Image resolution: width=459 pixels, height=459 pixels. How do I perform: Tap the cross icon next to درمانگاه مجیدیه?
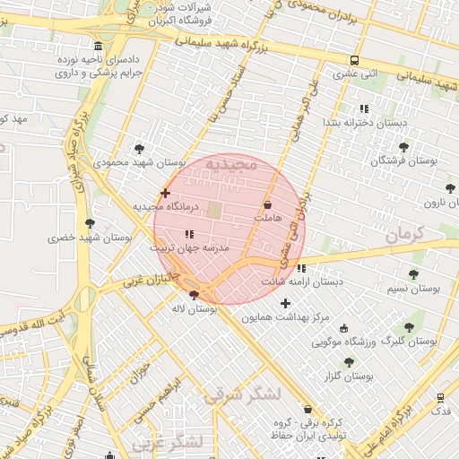point(165,193)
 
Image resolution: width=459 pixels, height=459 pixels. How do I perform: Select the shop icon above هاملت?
point(268,205)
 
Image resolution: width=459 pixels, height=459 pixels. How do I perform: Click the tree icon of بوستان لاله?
point(195,295)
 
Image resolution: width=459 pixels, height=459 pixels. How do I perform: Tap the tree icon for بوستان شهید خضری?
point(89,223)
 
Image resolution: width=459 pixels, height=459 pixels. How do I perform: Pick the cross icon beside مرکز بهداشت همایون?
point(286,304)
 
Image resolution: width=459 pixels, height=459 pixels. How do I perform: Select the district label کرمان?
point(410,235)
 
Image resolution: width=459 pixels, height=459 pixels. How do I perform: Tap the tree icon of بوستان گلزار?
point(349,362)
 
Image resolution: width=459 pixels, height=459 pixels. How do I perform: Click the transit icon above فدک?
point(440,397)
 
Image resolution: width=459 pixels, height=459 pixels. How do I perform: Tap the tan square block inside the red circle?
point(216,209)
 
